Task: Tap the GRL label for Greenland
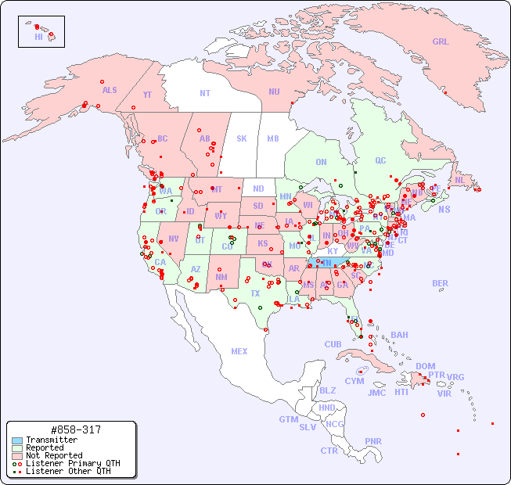click(441, 42)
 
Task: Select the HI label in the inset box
click(38, 37)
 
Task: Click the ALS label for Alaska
click(110, 90)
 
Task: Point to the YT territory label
click(147, 95)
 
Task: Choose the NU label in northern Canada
click(274, 92)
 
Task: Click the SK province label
click(242, 138)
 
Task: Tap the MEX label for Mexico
click(239, 351)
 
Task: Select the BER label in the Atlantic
click(441, 283)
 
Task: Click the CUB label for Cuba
click(333, 344)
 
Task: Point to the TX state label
click(255, 293)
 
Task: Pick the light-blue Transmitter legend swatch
click(17, 440)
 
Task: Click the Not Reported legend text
click(54, 455)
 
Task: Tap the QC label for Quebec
click(380, 160)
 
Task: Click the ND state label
click(258, 189)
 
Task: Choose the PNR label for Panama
click(373, 441)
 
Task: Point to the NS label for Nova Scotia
click(444, 209)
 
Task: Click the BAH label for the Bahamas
click(399, 335)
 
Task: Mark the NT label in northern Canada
click(205, 92)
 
